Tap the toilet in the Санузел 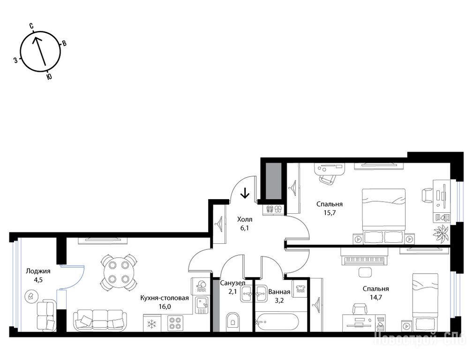(x=232, y=322)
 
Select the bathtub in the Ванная (x=277, y=322)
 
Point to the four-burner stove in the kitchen (x=175, y=323)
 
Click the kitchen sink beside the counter (x=201, y=305)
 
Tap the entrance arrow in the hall (x=245, y=193)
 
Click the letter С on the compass (x=31, y=26)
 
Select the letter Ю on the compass (x=49, y=77)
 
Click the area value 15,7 (x=330, y=212)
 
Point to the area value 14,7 (x=376, y=297)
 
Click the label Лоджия (x=38, y=271)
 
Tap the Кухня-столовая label (x=165, y=298)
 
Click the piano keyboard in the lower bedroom (x=363, y=260)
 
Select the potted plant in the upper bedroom (x=441, y=233)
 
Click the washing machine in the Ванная (x=300, y=288)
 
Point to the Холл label (x=245, y=219)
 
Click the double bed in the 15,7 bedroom (x=383, y=217)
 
